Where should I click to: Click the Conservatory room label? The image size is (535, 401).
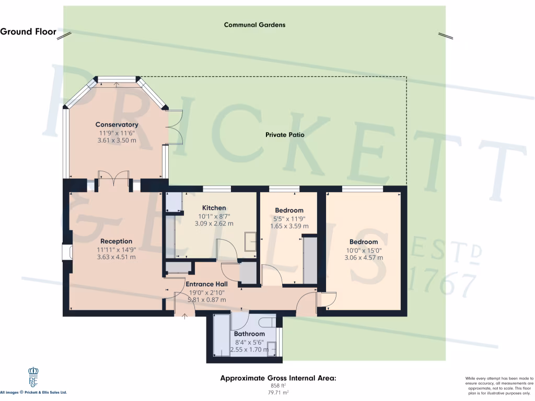tap(117, 125)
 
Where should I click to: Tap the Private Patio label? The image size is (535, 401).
tap(285, 135)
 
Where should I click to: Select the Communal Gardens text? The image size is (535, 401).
tap(254, 25)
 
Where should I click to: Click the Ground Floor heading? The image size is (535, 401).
tap(28, 31)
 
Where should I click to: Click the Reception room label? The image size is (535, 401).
tap(116, 241)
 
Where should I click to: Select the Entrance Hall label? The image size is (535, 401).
tap(206, 285)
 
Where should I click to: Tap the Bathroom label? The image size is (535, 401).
tap(249, 334)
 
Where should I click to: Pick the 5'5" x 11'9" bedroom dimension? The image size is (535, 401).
tap(289, 218)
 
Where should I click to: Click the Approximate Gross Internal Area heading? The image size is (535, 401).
tap(278, 378)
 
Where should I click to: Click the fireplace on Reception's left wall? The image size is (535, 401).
tap(66, 252)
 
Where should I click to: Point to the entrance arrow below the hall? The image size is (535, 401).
tap(184, 315)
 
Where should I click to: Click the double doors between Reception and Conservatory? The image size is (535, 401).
tap(114, 178)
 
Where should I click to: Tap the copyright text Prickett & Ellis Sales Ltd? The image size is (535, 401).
tap(33, 392)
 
